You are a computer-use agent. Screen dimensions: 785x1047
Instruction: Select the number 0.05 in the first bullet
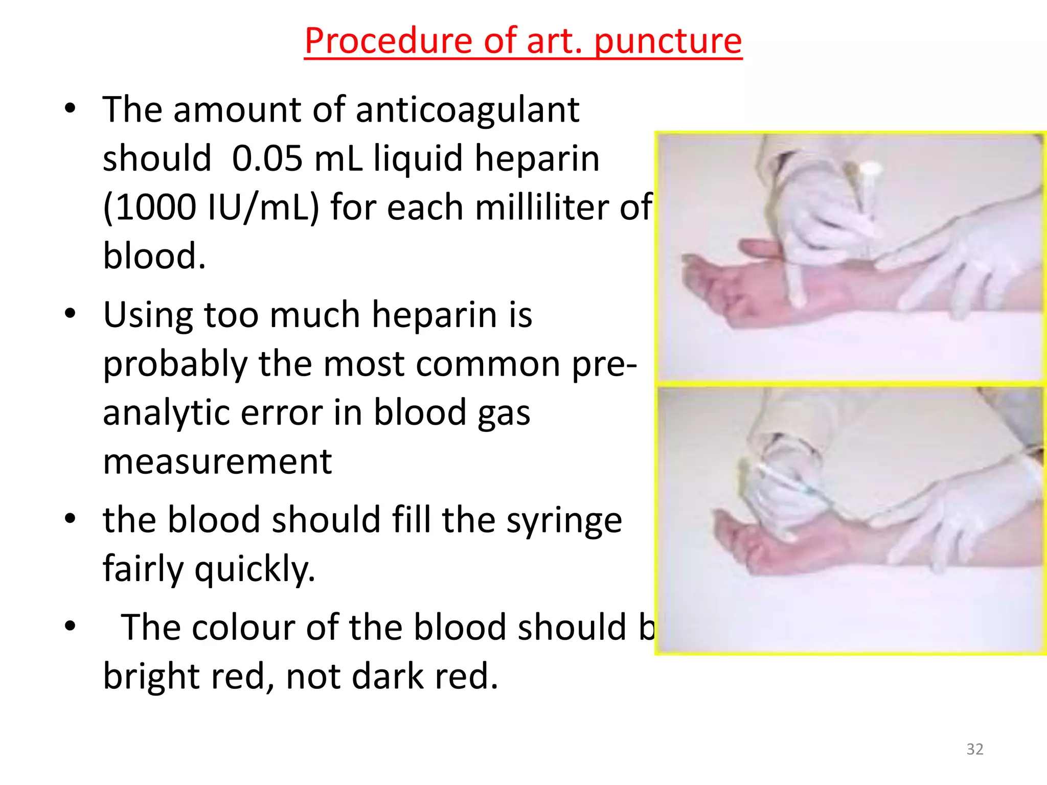tap(267, 158)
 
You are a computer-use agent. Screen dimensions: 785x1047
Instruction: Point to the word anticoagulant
tap(467, 110)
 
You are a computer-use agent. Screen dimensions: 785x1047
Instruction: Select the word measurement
tap(217, 461)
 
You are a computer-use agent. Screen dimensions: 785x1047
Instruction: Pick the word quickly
tap(255, 569)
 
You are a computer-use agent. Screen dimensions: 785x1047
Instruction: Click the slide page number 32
tap(974, 749)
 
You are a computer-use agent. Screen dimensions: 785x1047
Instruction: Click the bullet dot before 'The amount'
tap(70, 108)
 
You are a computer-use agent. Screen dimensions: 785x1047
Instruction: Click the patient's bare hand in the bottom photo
tap(752, 542)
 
